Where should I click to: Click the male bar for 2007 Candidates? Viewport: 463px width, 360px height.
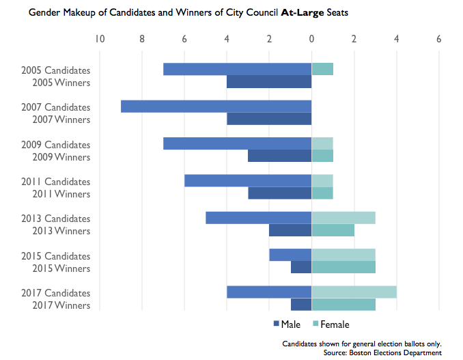click(x=216, y=107)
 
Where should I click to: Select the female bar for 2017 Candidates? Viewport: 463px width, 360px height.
click(x=354, y=292)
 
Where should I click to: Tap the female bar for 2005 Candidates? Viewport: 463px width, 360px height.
click(x=322, y=69)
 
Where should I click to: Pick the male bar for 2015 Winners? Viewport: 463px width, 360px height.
click(x=301, y=267)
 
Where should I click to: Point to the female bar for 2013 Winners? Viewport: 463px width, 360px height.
click(x=333, y=230)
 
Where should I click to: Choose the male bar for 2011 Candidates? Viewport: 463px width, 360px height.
click(x=248, y=181)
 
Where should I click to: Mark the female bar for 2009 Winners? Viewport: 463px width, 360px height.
click(x=322, y=156)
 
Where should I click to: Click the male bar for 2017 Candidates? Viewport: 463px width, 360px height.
click(x=269, y=292)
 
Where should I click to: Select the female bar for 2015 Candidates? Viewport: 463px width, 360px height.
click(x=343, y=255)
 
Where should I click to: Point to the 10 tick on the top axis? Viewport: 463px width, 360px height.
click(x=100, y=39)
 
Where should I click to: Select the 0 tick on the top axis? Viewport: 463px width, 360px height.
click(x=311, y=39)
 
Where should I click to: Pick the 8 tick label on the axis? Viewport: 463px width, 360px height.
click(x=142, y=39)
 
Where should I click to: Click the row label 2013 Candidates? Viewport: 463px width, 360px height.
click(x=56, y=219)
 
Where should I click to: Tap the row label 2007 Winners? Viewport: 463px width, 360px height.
click(x=61, y=120)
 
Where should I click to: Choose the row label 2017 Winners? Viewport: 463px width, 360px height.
click(x=61, y=305)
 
